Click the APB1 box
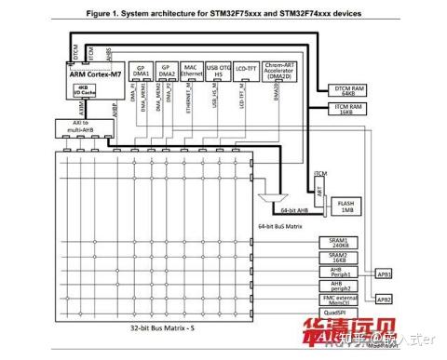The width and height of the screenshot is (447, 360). coord(384,274)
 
